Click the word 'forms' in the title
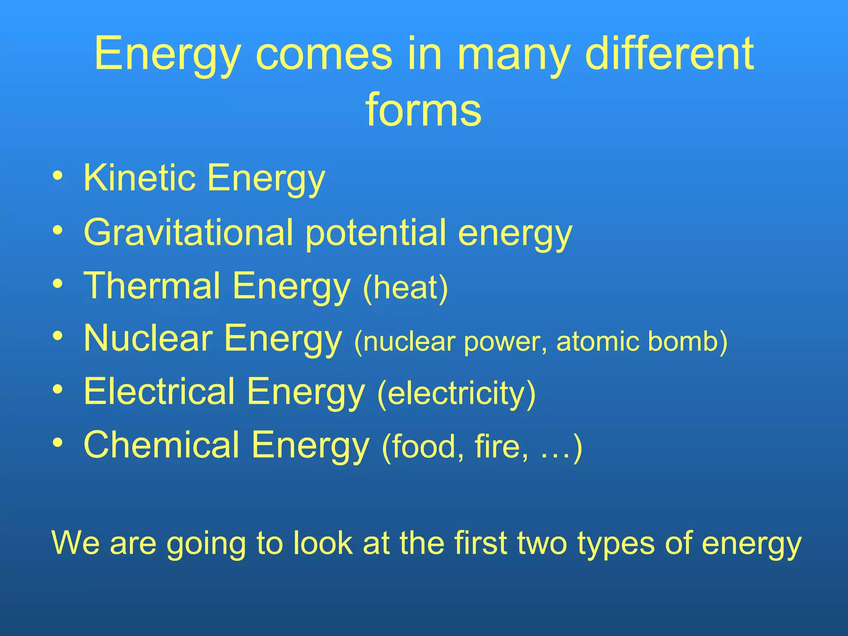click(x=423, y=110)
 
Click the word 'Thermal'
click(x=152, y=285)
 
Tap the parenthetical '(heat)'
click(x=405, y=288)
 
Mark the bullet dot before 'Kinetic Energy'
click(x=58, y=176)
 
